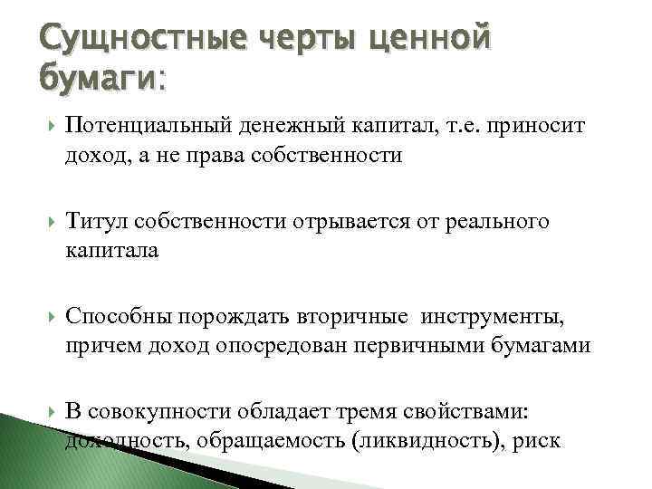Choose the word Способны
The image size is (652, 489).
point(119,319)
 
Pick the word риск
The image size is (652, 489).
point(537,441)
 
